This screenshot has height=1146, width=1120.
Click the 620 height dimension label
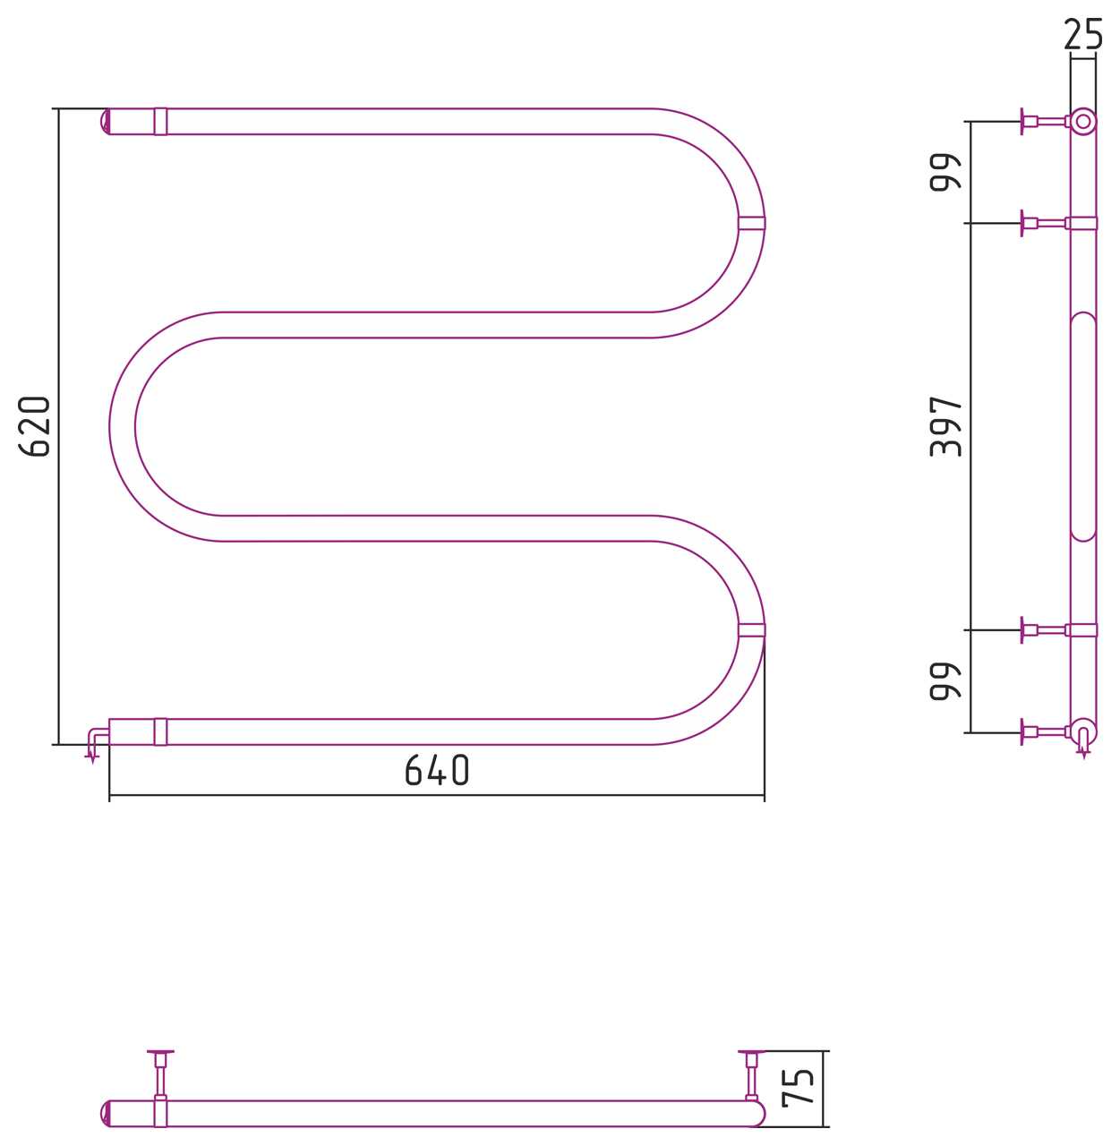(35, 426)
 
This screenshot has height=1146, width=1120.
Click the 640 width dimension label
(437, 770)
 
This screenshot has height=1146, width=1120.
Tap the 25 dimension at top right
(1083, 34)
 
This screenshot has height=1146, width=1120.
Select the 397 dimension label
(945, 426)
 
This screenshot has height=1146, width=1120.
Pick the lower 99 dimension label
(945, 680)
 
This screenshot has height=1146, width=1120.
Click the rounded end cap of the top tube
(105, 121)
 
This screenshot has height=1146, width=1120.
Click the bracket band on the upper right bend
(752, 223)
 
